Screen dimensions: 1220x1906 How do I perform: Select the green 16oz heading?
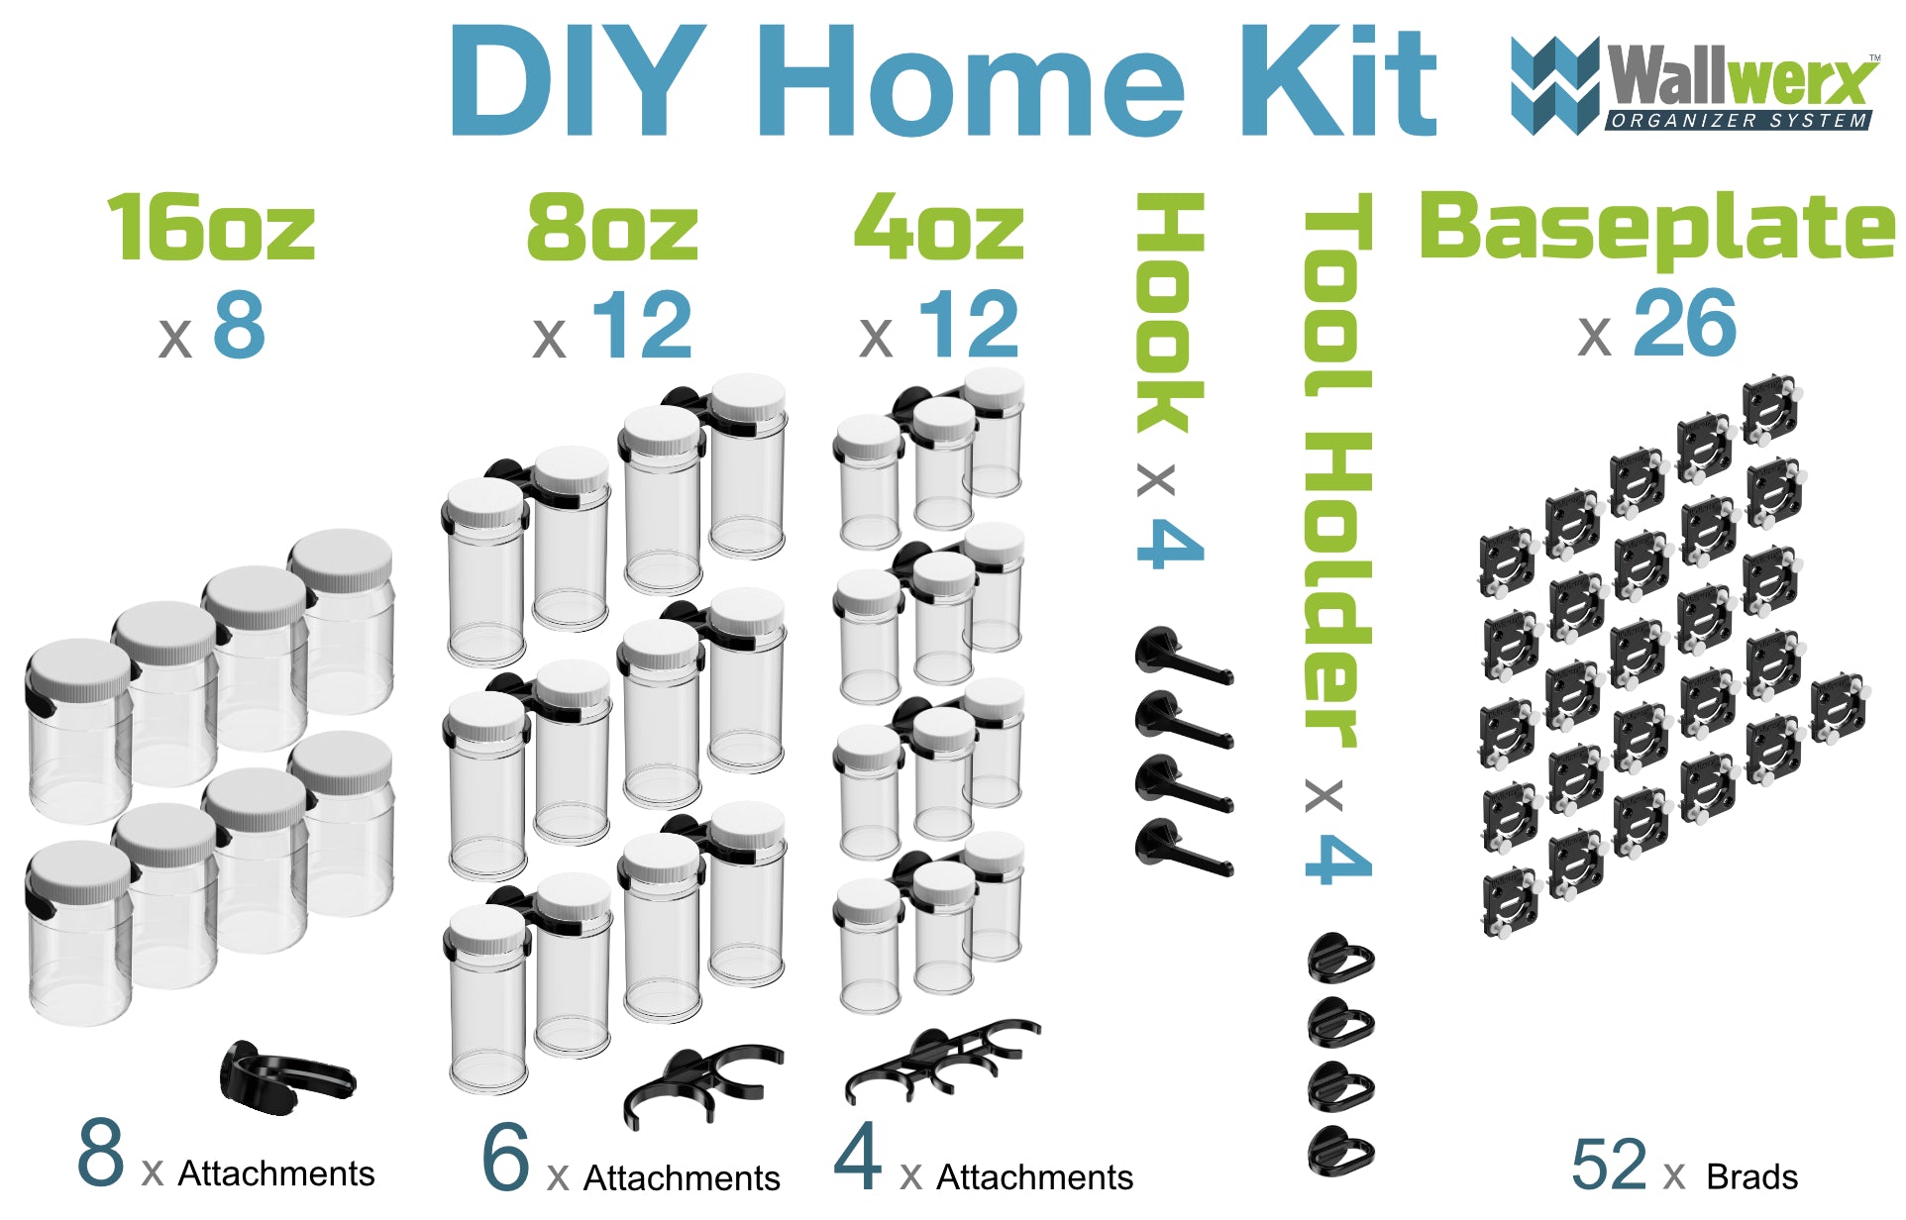tap(211, 228)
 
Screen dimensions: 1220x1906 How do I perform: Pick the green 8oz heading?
tap(612, 228)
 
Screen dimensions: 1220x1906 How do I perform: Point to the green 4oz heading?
tap(938, 228)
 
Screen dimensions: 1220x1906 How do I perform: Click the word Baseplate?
tap(1656, 228)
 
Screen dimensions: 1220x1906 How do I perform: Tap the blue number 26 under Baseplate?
tap(1684, 324)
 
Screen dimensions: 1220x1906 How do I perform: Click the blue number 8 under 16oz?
tap(239, 325)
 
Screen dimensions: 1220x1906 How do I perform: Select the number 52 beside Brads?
tap(1609, 1165)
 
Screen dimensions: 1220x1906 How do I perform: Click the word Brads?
tap(1751, 1176)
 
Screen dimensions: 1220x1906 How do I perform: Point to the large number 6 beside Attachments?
tap(505, 1158)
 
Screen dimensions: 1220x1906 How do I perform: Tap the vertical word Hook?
tap(1170, 312)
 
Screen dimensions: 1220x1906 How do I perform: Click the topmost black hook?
tap(1182, 657)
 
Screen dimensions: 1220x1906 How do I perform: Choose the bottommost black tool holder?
tap(1340, 1151)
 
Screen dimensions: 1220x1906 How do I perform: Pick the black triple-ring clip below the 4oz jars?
tap(941, 1060)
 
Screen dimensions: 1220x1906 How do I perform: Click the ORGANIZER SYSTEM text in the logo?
tap(1739, 121)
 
